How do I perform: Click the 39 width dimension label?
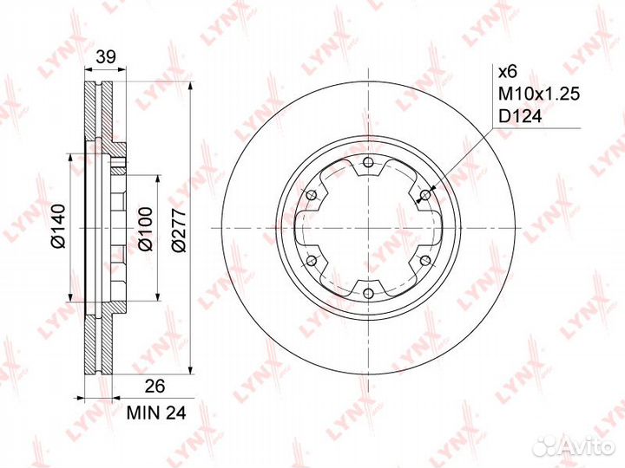[106, 56]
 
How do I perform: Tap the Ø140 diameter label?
[58, 225]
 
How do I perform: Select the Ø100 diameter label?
[146, 229]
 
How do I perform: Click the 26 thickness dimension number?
[155, 386]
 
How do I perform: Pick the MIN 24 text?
[156, 413]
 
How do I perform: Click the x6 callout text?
[508, 72]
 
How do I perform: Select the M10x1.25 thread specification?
[539, 94]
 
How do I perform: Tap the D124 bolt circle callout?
[521, 117]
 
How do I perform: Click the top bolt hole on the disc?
[369, 162]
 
